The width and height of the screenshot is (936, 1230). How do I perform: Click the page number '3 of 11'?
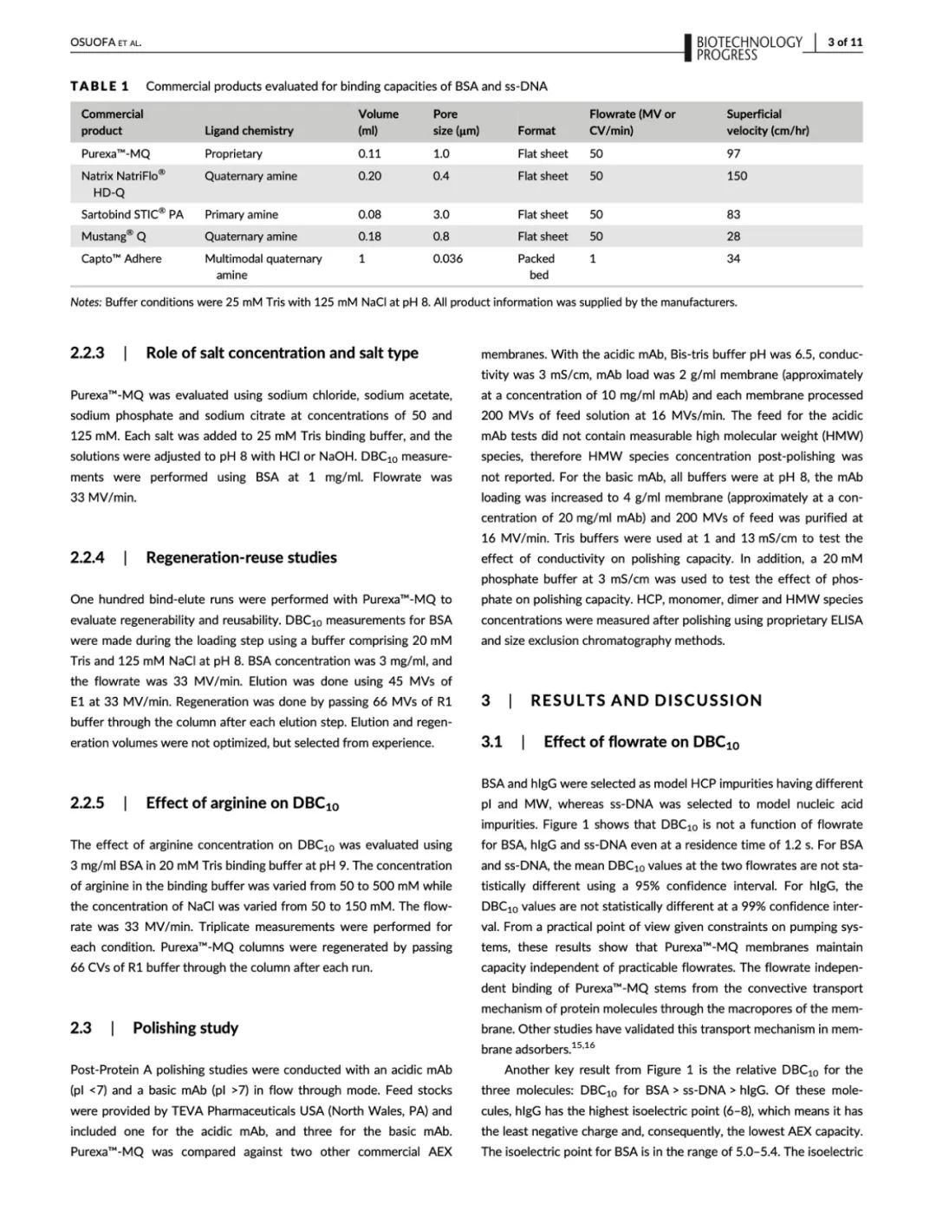844,42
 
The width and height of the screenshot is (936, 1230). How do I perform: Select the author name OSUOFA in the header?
91,42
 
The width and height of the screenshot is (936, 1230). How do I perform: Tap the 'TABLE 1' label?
100,86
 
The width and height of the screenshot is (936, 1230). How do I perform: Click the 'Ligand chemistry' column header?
249,131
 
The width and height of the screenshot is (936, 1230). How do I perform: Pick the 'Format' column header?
536,131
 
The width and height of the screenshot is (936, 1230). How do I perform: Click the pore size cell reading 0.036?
448,258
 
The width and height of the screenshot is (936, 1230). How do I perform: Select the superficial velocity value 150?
737,176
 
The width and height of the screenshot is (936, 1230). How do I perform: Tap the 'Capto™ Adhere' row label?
121,258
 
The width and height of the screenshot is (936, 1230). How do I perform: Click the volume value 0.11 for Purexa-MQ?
369,153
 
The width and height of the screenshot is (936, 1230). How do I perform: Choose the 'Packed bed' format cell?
537,266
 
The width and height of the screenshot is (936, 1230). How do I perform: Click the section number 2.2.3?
88,353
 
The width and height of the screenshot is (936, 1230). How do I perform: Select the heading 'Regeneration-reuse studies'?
241,557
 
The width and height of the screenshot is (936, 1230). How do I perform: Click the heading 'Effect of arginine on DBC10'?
242,804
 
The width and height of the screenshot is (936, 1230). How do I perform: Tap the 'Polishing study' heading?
185,1028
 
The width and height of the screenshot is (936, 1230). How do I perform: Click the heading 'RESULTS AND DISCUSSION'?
647,700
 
